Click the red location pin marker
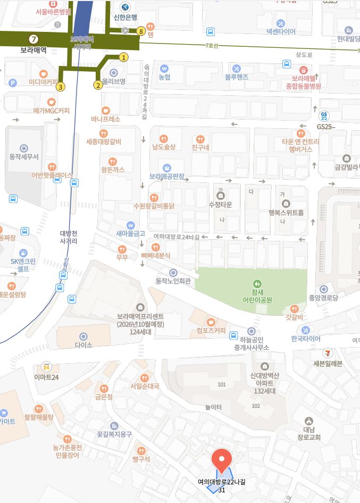coord(221,458)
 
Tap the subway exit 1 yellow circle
coord(123,57)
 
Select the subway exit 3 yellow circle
coord(61,87)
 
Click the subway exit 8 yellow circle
coord(141,31)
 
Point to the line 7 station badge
coord(34,39)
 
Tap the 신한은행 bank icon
coord(125,7)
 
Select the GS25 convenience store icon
coord(324,116)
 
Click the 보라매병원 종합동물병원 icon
coord(303,70)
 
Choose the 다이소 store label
coord(83,344)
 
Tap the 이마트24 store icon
coord(46,366)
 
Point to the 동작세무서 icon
coord(24,148)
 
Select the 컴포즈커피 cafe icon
coord(211,321)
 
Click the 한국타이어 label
coord(306,339)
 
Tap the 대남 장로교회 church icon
coord(309,421)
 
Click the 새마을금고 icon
coord(130,225)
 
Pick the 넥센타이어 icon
coord(281,23)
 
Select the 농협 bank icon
coord(164,68)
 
